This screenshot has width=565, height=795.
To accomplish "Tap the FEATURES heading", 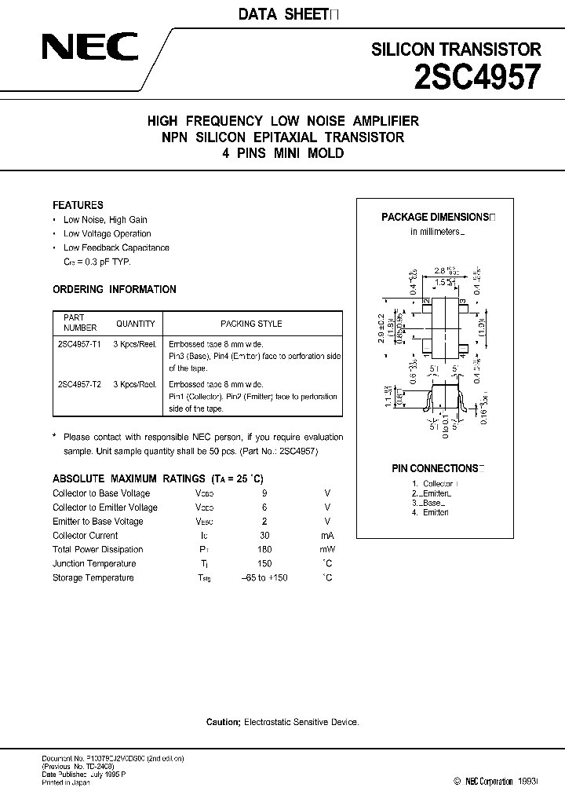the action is [x=78, y=205].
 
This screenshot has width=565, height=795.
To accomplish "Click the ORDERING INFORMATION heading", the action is [x=114, y=290].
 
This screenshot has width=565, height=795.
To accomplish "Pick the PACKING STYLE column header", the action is [x=251, y=324].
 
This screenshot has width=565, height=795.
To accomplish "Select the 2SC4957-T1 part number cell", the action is [x=80, y=344].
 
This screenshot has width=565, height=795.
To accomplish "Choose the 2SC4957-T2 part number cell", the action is [x=80, y=385].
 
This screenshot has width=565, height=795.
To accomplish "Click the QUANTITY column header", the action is [x=136, y=324].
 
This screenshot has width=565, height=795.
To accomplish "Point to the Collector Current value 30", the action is [x=264, y=536].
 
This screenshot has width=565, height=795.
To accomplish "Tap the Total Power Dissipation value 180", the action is [x=264, y=550].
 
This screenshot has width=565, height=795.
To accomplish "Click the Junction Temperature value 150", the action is [x=264, y=564].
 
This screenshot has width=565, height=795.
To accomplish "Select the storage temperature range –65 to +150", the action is [x=264, y=578].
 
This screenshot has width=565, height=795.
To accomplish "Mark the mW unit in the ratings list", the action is [x=326, y=550].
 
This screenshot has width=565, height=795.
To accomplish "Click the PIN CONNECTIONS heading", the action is [x=436, y=468].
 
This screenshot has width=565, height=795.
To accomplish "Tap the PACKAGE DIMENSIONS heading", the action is [x=436, y=218].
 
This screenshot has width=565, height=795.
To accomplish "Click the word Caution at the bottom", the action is [x=223, y=721].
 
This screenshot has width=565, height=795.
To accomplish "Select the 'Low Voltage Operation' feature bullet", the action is [x=107, y=234].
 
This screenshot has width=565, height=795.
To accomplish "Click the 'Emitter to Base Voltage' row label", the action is [x=97, y=522].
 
